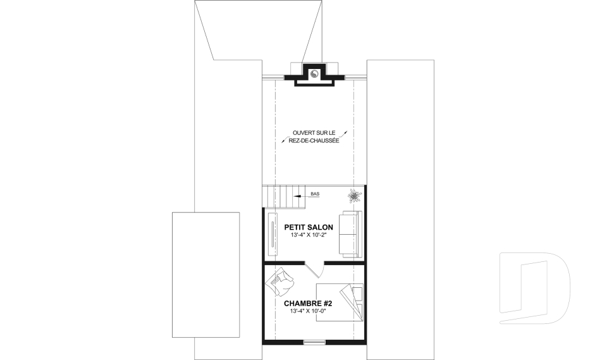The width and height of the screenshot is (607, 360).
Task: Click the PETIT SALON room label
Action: pos(309,228)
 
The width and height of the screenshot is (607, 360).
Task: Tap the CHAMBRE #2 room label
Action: pos(308,304)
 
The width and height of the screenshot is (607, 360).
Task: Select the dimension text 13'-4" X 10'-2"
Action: pos(309,235)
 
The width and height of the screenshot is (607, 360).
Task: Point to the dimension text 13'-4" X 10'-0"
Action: pos(308,311)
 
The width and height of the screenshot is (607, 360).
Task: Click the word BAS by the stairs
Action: pos(315,194)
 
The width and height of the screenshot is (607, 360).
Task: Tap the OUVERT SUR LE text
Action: pos(314,133)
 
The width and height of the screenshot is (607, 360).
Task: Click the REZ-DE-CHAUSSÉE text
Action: pos(314,140)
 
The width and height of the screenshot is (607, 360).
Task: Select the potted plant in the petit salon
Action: pos(354,196)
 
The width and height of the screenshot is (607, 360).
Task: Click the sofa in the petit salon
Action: pos(350,234)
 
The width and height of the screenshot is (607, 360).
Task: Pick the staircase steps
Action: pos(283,197)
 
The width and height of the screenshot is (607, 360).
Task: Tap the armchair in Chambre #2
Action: pos(279,282)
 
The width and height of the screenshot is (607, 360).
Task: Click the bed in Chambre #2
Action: pos(340,302)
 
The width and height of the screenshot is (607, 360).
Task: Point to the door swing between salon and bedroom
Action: pos(314,270)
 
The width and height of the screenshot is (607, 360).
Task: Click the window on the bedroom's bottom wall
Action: pos(314,342)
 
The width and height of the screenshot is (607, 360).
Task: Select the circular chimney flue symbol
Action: pos(314,73)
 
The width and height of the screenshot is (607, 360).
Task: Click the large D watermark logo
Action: pos(534,288)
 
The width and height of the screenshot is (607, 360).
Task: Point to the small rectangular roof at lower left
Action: pos(205,275)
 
